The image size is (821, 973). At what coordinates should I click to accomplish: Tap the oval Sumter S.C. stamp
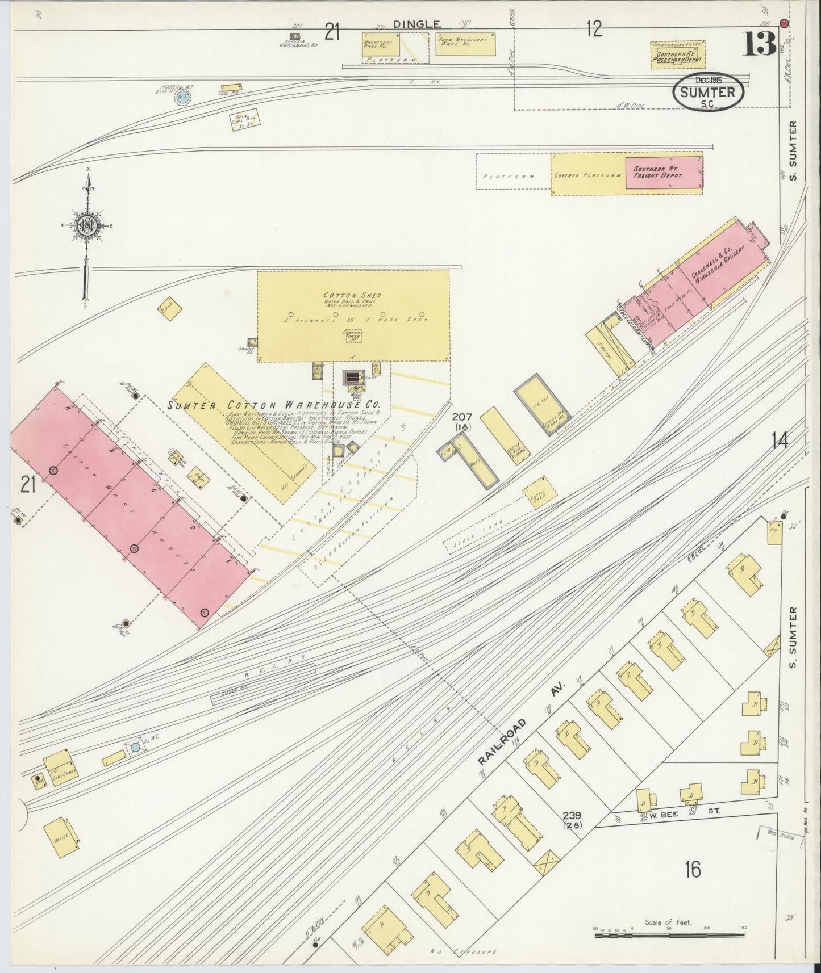coord(708,93)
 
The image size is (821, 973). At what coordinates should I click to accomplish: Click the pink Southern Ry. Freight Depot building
coord(663,174)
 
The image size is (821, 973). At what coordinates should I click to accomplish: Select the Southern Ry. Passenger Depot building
coord(678,55)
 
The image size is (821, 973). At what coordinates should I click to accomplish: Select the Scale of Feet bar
coord(667,933)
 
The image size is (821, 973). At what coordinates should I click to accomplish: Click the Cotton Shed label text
coord(352,296)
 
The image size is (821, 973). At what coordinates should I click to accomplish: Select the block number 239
coord(572,815)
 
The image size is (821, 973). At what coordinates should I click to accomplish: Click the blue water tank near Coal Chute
coord(135,748)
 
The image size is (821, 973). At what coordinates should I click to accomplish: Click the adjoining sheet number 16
coord(692,869)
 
